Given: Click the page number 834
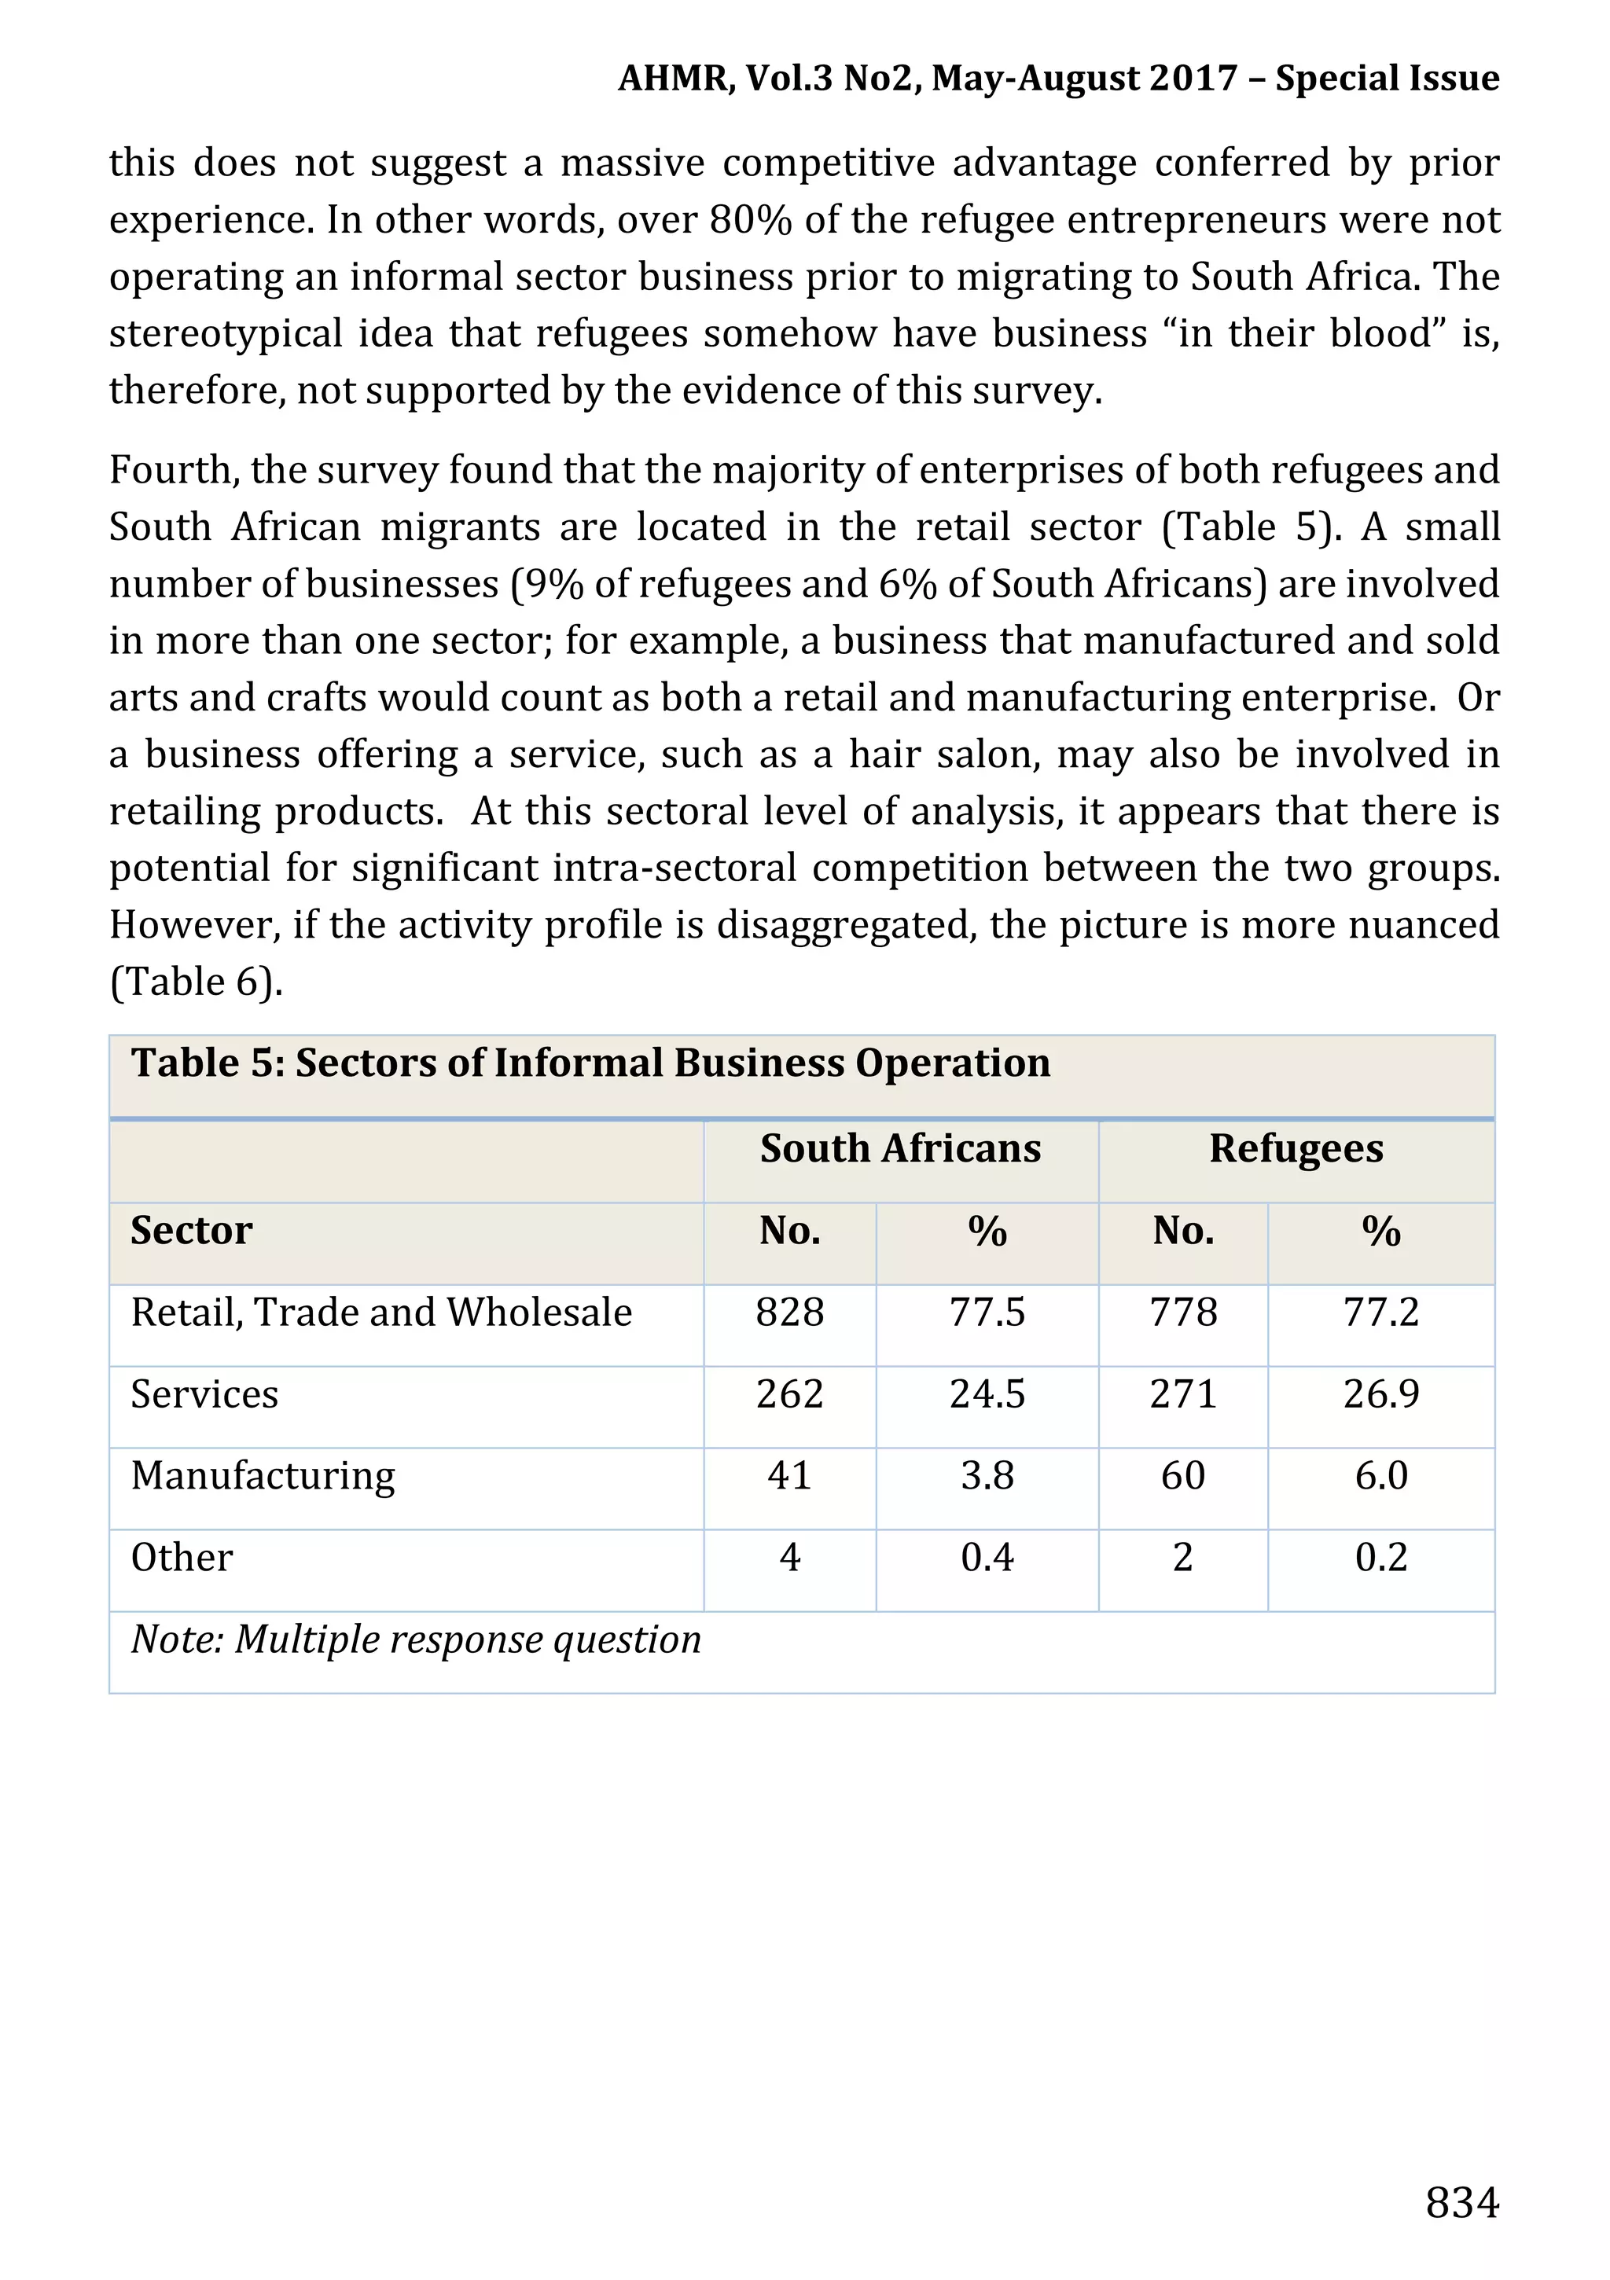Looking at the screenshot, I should (1461, 2201).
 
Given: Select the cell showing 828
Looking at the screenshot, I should (789, 1312).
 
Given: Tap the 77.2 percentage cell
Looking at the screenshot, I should (1380, 1312).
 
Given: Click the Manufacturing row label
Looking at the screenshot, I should (263, 1476).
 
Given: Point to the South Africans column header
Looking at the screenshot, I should (900, 1148).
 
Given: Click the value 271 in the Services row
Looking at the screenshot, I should (1183, 1394).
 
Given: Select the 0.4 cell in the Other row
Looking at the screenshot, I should (987, 1557).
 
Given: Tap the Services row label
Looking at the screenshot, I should (204, 1394).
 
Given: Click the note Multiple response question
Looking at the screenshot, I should (416, 1639).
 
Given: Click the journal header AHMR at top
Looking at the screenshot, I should (675, 78).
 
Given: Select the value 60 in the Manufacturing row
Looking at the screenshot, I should (1183, 1476).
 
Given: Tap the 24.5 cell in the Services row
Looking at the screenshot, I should (987, 1394).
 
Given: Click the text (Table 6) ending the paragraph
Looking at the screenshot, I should (196, 982).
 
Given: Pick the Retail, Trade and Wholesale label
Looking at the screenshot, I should (381, 1312).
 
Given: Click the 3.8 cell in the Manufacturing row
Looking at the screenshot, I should (987, 1476).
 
